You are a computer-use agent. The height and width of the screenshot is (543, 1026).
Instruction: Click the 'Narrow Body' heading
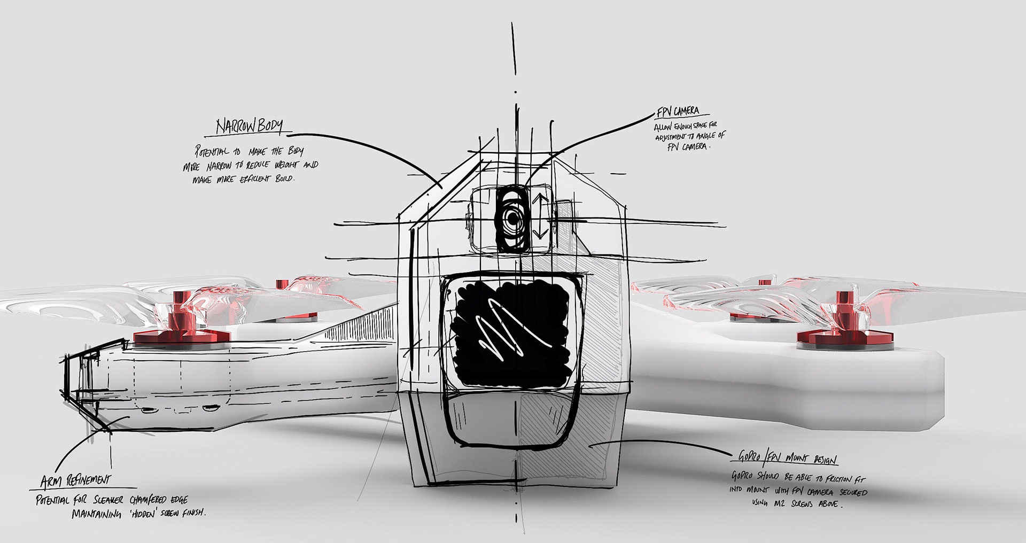pos(249,126)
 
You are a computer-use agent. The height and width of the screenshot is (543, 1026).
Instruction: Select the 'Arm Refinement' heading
pos(76,481)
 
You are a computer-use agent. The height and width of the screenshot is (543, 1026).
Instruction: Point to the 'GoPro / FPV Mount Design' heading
pos(787,457)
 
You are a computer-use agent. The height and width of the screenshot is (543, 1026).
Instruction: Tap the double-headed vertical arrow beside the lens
pos(540,216)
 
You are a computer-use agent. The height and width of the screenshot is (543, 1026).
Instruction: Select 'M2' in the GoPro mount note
pos(779,503)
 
